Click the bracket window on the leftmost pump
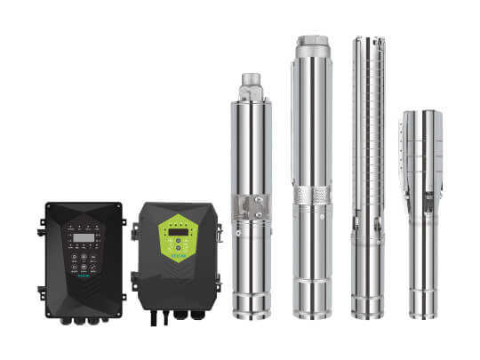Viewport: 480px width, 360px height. (x=251, y=206)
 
